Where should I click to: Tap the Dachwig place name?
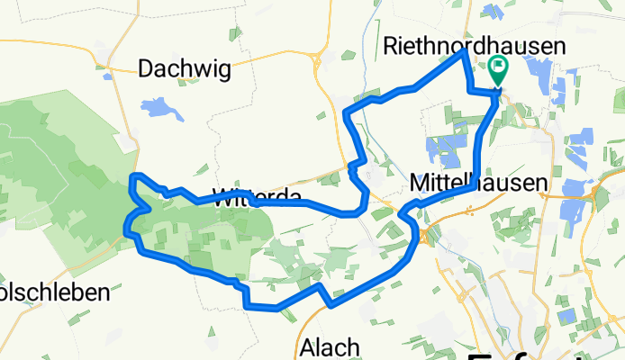(x=185, y=68)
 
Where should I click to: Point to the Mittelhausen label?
(x=477, y=183)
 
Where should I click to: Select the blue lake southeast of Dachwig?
(x=161, y=109)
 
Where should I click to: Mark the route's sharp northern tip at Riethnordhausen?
(x=464, y=52)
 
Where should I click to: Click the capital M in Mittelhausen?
(x=418, y=183)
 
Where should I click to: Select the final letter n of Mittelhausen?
(x=540, y=183)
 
